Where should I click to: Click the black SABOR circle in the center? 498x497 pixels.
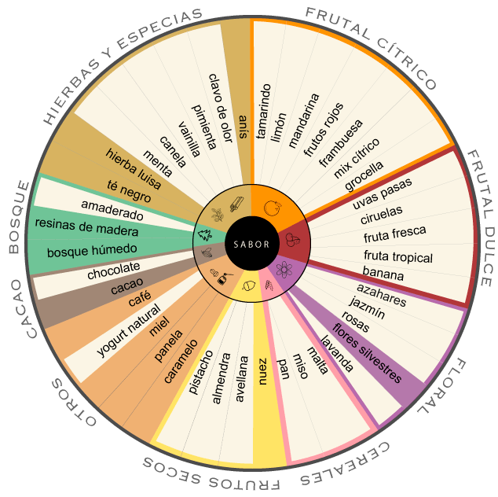251,244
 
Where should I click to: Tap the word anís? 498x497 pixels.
243,127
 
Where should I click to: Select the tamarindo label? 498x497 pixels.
264,112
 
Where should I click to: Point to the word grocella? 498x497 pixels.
364,175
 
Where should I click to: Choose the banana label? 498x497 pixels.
383,273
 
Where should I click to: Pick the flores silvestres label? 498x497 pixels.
367,352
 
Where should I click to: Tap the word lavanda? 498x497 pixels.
337,353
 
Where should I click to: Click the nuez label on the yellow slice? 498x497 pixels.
262,371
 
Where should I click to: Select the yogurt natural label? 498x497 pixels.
129,330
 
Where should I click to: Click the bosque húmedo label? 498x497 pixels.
92,251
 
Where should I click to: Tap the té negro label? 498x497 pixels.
129,191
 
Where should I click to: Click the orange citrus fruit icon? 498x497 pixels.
273,208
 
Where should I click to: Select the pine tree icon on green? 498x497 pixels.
205,235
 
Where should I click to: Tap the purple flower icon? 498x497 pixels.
284,270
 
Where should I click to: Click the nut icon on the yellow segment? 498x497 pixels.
249,285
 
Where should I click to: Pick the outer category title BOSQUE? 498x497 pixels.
18,217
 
